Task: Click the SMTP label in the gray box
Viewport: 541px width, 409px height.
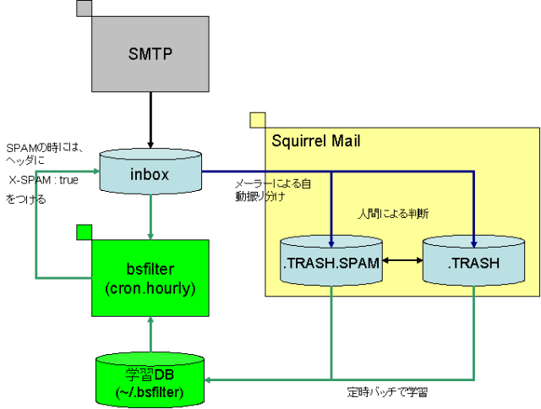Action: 150,54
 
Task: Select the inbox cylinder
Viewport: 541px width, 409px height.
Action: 150,174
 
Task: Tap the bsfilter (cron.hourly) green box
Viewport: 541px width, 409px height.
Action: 150,278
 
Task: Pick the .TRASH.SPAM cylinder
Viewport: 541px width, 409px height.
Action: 331,263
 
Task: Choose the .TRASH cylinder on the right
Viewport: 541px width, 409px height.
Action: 474,263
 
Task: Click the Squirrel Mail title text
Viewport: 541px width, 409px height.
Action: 316,140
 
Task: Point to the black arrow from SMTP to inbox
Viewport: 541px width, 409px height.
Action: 150,119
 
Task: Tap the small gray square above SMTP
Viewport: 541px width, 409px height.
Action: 84,8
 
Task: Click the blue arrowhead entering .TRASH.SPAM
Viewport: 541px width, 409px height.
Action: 331,236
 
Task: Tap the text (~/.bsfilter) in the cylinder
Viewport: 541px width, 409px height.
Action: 150,391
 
